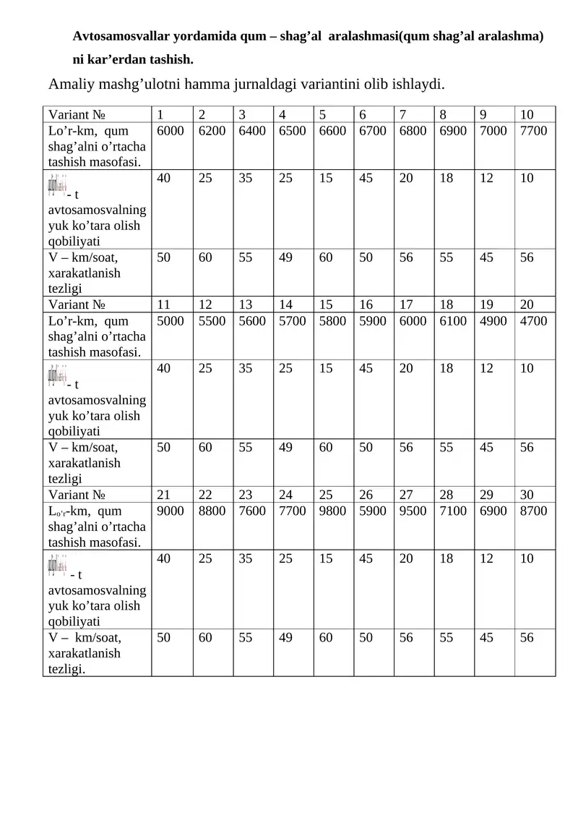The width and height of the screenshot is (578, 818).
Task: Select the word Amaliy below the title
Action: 71,85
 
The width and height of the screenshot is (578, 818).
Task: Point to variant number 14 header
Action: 285,304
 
